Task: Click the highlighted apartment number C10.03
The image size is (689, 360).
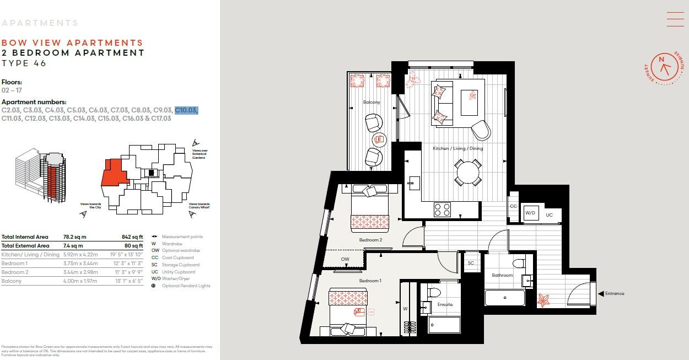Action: point(186,110)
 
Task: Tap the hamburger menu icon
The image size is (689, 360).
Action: point(675,19)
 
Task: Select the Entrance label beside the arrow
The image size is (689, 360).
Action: point(615,293)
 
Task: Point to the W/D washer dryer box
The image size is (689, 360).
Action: point(530,213)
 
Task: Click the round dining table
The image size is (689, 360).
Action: point(467,172)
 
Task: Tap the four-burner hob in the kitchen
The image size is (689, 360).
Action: point(442,209)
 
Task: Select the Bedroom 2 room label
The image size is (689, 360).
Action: point(370,240)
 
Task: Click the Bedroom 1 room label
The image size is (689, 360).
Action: point(370,281)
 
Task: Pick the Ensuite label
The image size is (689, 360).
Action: point(445,304)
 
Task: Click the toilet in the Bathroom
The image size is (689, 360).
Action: point(519,264)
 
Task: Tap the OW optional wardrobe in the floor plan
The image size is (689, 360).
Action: point(345,259)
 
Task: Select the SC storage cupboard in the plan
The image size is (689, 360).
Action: point(471,263)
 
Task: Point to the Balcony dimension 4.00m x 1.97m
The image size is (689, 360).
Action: point(80,281)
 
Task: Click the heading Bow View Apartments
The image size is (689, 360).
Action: point(72,42)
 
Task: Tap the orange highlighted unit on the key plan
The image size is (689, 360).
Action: point(114,173)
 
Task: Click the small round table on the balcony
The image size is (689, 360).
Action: point(379,139)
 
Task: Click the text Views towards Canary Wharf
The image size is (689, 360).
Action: point(199,206)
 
